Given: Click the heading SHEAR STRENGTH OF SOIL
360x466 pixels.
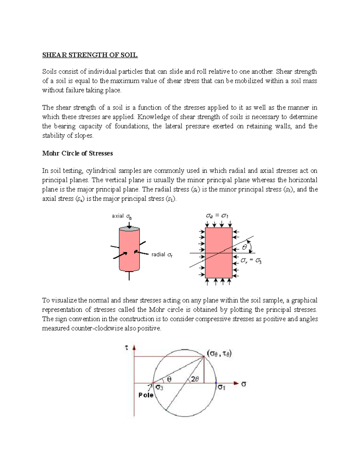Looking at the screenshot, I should click(x=90, y=55).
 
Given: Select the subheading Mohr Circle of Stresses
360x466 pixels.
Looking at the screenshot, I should click(x=77, y=153).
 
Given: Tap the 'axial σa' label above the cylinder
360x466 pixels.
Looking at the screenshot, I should click(x=121, y=216).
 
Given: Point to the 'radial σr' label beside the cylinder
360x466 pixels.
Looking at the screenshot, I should click(x=162, y=255).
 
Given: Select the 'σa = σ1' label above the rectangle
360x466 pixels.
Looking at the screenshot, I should click(x=217, y=216).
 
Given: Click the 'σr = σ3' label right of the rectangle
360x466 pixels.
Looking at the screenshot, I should click(x=251, y=261).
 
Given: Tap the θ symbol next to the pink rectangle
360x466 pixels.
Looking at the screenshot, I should click(x=244, y=248).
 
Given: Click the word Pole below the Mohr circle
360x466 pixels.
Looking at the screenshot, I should click(x=146, y=395).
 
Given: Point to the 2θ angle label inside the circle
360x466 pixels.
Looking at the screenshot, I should click(x=195, y=379).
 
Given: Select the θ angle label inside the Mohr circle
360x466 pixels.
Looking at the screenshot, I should click(x=169, y=379).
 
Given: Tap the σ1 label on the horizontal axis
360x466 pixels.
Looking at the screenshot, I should click(x=221, y=387).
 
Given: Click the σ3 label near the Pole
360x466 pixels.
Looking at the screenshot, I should click(x=159, y=388).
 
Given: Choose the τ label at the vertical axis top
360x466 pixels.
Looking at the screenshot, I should click(x=126, y=348).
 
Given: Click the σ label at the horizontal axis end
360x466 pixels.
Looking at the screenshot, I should click(x=244, y=384).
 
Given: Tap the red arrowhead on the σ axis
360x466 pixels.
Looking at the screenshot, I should click(x=236, y=383).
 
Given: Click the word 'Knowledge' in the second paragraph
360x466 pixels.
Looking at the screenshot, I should click(x=151, y=117).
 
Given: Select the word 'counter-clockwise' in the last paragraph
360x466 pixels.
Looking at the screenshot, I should click(x=97, y=328).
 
